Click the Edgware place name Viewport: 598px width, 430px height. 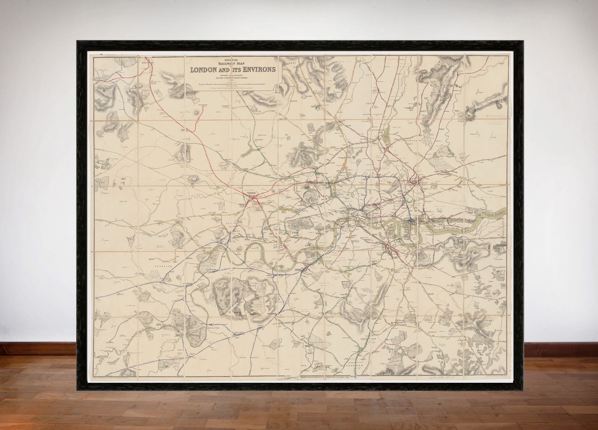226,106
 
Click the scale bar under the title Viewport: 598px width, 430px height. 231,84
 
